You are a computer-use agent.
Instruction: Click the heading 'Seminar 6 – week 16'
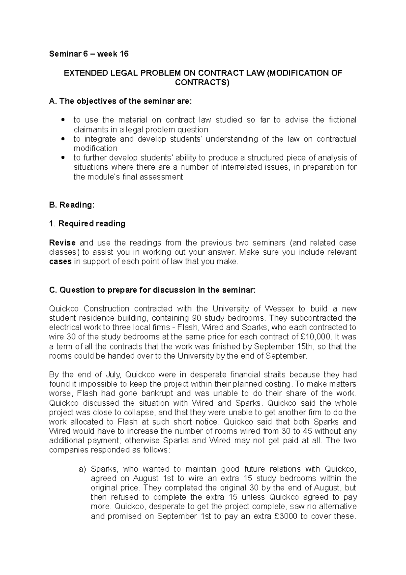click(x=89, y=54)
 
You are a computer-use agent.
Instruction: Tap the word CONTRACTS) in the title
click(x=202, y=82)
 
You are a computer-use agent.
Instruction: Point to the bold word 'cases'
click(x=60, y=262)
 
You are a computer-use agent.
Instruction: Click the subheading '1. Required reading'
click(x=87, y=223)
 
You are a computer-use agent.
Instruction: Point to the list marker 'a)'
click(x=83, y=469)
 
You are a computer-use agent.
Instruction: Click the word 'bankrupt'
click(x=158, y=393)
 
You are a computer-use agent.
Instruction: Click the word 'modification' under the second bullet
click(x=95, y=148)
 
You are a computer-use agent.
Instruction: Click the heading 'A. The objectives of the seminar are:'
click(x=120, y=101)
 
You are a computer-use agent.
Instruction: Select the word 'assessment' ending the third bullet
click(x=160, y=177)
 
